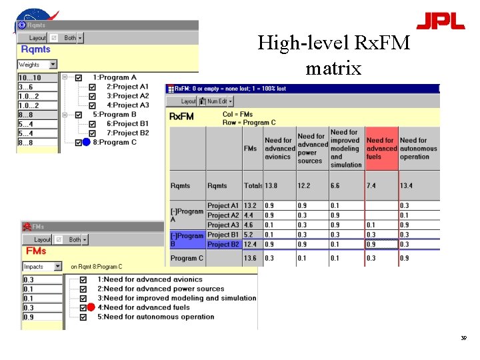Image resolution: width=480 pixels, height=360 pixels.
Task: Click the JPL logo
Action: (x=440, y=21)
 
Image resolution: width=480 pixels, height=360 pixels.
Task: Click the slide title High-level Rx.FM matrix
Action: (x=333, y=55)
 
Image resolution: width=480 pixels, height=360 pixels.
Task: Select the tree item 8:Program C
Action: (x=115, y=142)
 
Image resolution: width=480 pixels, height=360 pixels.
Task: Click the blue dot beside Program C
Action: (x=86, y=142)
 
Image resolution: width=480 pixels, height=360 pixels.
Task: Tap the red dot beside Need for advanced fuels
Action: (x=91, y=307)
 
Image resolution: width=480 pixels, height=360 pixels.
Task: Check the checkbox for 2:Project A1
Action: (x=92, y=87)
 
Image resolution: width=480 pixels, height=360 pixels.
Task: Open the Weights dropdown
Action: (x=53, y=65)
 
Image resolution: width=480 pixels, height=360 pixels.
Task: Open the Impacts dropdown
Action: (x=57, y=267)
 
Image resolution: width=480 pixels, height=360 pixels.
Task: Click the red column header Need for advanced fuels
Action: (x=381, y=149)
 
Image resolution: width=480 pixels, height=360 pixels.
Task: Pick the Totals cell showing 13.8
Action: (x=271, y=186)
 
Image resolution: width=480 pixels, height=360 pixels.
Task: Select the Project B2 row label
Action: (x=223, y=245)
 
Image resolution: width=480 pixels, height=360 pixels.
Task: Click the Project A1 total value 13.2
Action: (x=250, y=206)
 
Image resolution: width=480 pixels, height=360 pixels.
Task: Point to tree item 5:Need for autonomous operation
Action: (x=155, y=317)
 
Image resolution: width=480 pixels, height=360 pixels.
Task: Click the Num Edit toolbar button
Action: (x=217, y=101)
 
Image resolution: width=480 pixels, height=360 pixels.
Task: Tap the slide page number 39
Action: (x=463, y=339)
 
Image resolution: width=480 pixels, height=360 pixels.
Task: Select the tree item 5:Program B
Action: (x=115, y=114)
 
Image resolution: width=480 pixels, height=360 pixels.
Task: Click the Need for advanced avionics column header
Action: (x=279, y=149)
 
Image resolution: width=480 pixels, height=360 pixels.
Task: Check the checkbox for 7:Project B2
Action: (x=92, y=133)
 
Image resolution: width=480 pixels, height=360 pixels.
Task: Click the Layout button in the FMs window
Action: (x=42, y=239)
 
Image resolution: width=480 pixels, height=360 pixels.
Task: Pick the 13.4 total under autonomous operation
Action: (x=407, y=186)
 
